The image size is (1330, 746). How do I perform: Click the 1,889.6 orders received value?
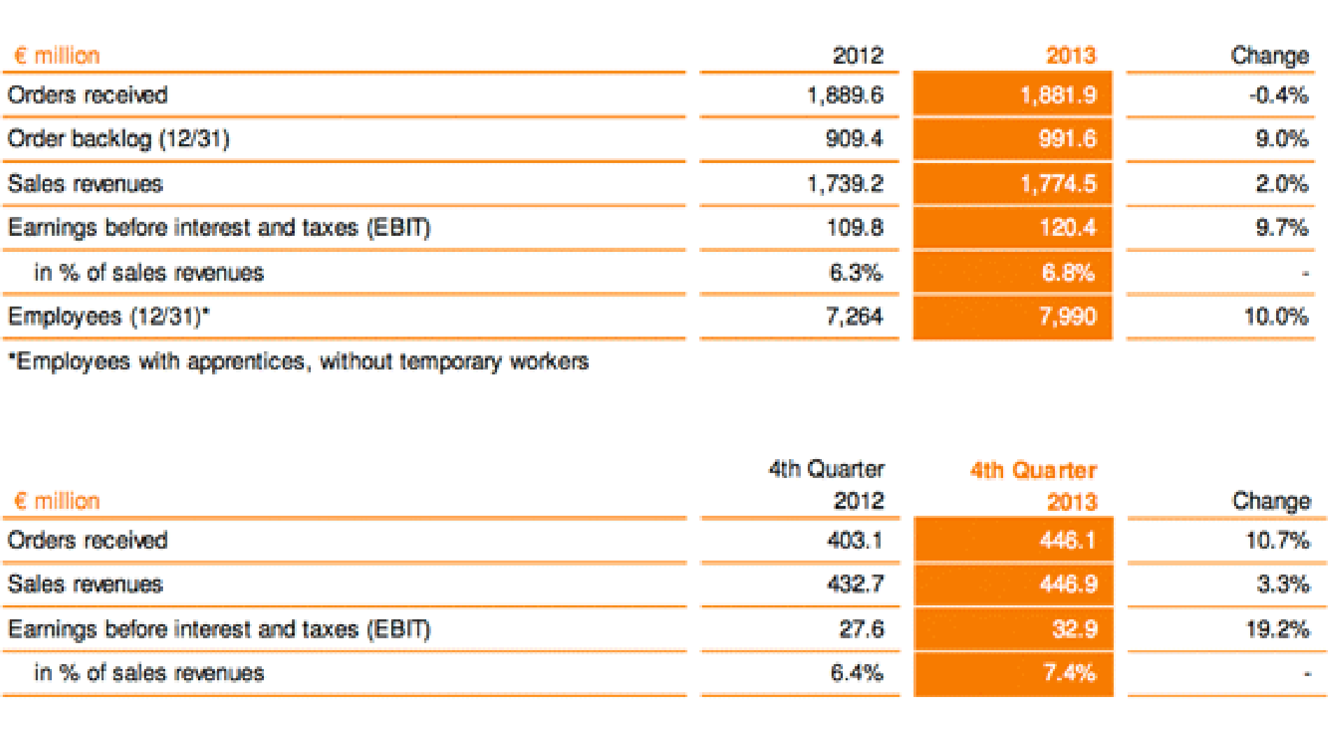[845, 94]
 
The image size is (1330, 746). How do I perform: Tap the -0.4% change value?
[1278, 94]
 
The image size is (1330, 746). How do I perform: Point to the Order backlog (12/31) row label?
[118, 139]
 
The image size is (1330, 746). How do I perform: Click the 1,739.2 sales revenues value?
[845, 183]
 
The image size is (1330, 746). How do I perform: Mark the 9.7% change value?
[1281, 227]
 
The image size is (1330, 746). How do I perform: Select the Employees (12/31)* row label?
[108, 316]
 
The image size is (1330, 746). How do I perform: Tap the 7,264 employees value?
[854, 316]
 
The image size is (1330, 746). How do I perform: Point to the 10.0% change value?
[1276, 316]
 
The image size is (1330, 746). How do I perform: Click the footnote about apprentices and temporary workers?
[298, 361]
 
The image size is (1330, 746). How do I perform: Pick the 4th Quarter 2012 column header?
[827, 484]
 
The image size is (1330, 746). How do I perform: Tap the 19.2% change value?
[1277, 628]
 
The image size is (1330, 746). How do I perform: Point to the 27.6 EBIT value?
[861, 628]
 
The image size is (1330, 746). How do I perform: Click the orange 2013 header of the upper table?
[1070, 55]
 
